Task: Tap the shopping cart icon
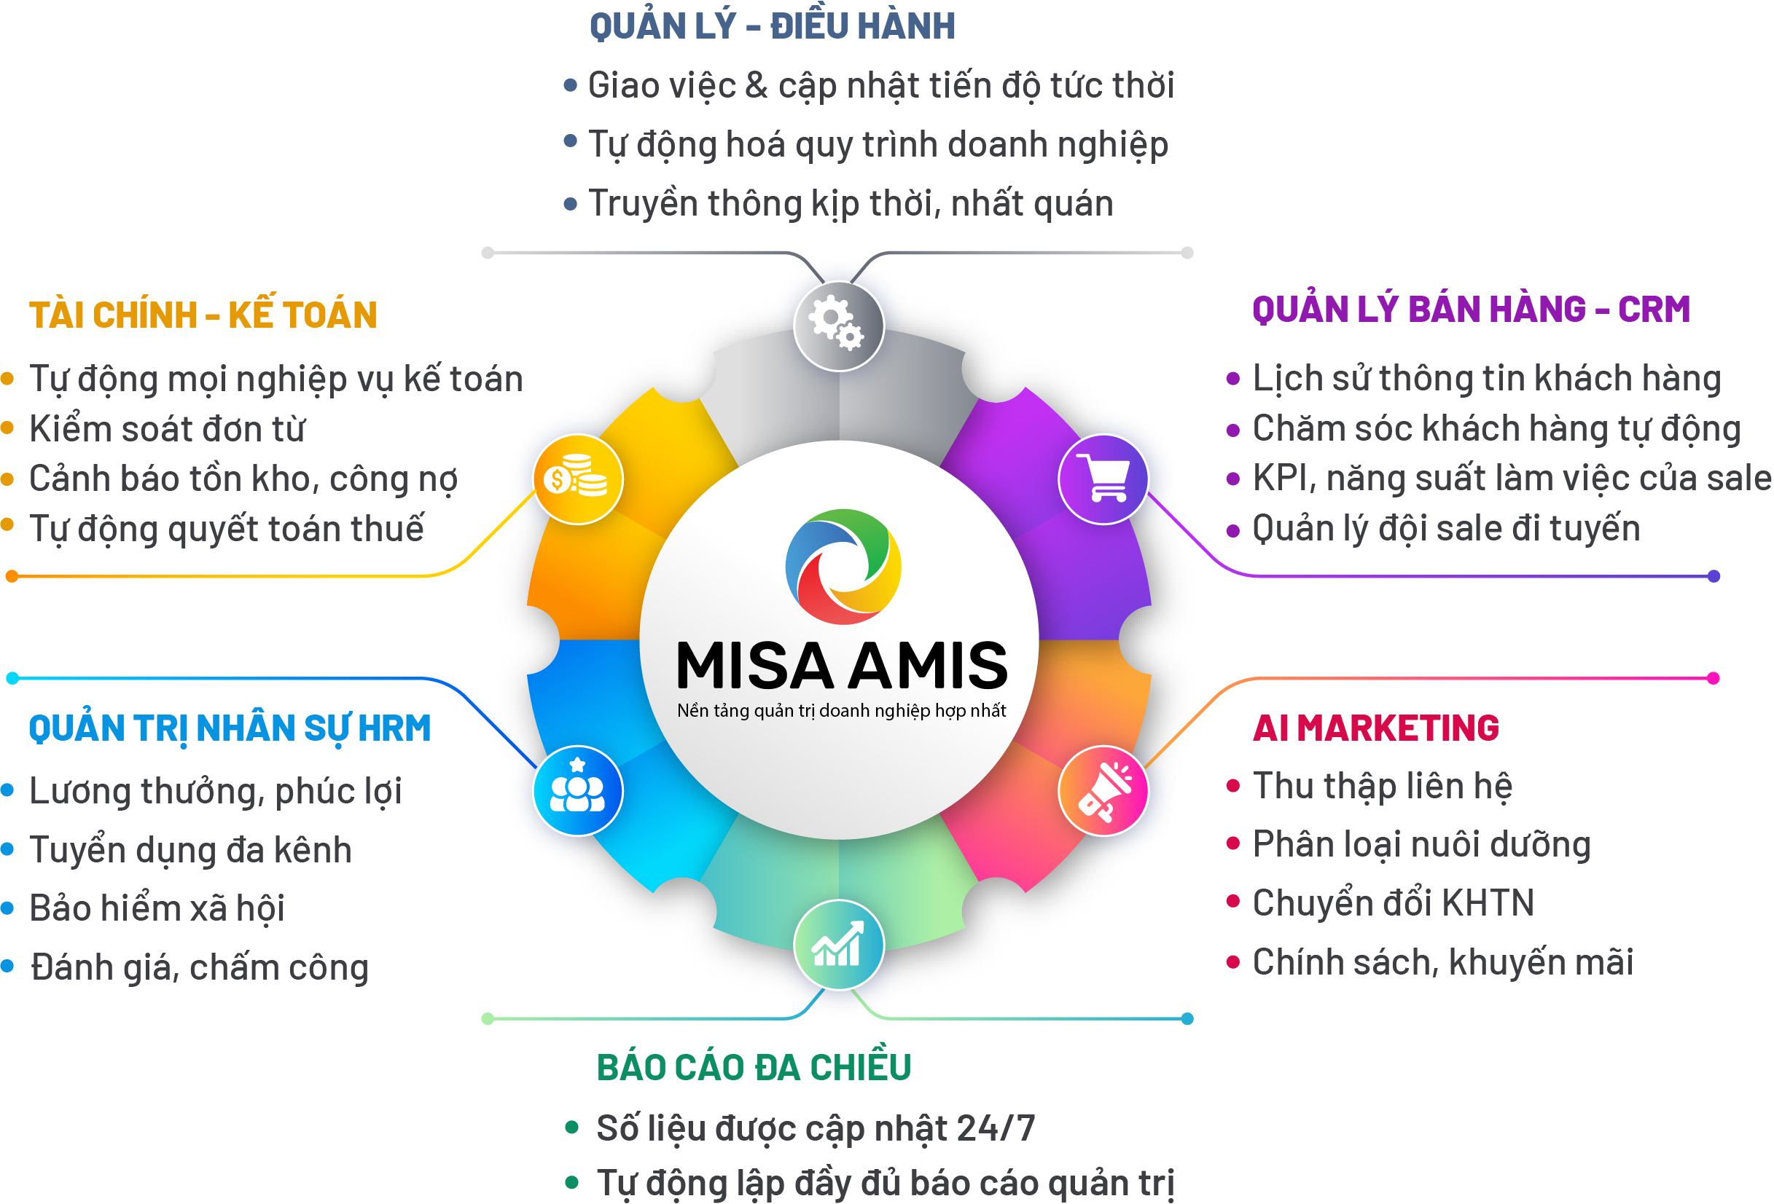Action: (x=1102, y=479)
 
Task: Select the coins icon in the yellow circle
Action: (x=577, y=476)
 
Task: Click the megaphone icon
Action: (x=1103, y=791)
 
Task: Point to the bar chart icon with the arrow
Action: (x=837, y=944)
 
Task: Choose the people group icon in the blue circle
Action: (x=577, y=786)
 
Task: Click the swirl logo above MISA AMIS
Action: (x=843, y=566)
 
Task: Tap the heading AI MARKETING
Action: (x=1376, y=728)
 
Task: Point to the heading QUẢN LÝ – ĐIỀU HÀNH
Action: (x=772, y=25)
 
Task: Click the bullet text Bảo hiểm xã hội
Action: (x=157, y=908)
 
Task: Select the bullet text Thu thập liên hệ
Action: (x=1383, y=787)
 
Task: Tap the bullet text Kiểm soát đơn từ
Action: (x=167, y=428)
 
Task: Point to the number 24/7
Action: (x=995, y=1128)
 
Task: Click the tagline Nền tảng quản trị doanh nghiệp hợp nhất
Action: (x=841, y=711)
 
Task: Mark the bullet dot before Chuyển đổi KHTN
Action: (x=1232, y=901)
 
